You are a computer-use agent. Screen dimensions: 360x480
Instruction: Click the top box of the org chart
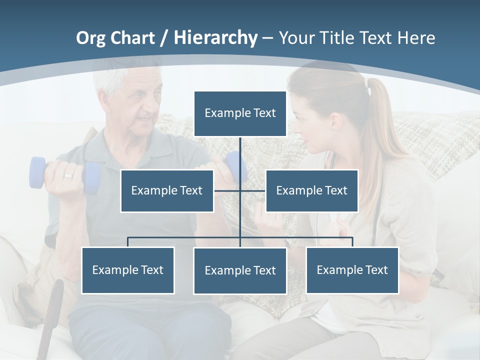240,113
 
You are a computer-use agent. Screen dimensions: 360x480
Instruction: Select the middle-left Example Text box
167,190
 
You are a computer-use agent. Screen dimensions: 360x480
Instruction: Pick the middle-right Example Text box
311,190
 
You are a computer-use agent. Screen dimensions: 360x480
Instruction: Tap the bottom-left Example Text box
128,270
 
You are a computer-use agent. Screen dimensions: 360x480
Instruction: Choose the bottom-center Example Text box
240,270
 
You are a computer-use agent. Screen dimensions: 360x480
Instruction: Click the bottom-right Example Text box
352,270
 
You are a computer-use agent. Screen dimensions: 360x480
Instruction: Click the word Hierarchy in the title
215,37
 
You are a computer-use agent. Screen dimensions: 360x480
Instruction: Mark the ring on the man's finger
68,176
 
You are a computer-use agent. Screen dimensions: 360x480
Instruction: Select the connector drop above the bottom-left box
128,242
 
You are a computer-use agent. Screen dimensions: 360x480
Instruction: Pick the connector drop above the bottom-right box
352,242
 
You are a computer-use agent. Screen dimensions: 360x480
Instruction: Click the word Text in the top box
264,113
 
